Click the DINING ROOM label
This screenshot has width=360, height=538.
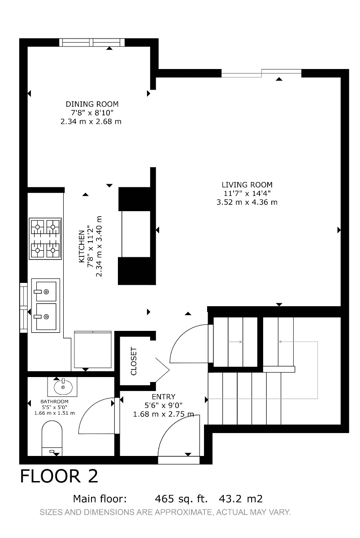click(92, 104)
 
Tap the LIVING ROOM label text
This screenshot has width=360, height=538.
click(247, 185)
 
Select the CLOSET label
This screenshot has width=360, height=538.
click(134, 361)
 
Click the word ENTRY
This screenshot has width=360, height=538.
click(164, 396)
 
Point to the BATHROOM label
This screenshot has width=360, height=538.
click(54, 402)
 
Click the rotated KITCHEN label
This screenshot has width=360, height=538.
click(82, 246)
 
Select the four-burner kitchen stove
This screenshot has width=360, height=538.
click(45, 239)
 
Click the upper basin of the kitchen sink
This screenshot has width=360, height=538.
click(46, 291)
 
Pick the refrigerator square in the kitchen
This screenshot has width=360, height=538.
click(93, 349)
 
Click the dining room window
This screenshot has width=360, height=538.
click(92, 42)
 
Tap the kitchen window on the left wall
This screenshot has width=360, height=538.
click(23, 308)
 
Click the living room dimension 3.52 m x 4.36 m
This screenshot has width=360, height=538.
click(247, 202)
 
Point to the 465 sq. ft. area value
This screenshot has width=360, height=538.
click(181, 499)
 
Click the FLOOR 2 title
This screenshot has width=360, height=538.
click(59, 476)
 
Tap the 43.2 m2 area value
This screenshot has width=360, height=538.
click(241, 499)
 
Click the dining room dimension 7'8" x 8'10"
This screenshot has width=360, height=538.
click(92, 113)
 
